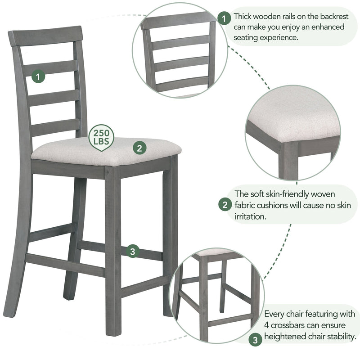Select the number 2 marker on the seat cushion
click(x=139, y=148)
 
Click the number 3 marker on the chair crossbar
click(x=132, y=252)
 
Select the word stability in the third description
click(x=340, y=336)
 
